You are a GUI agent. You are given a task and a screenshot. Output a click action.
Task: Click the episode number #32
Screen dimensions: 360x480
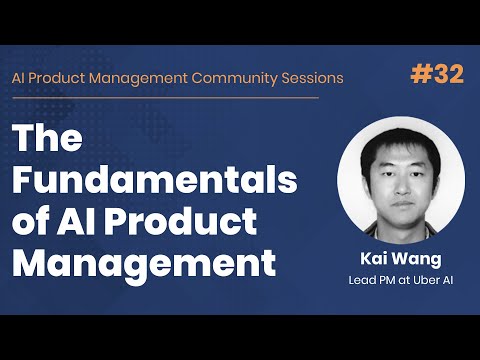[438, 76]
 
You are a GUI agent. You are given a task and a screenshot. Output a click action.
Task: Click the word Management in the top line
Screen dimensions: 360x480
[127, 77]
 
